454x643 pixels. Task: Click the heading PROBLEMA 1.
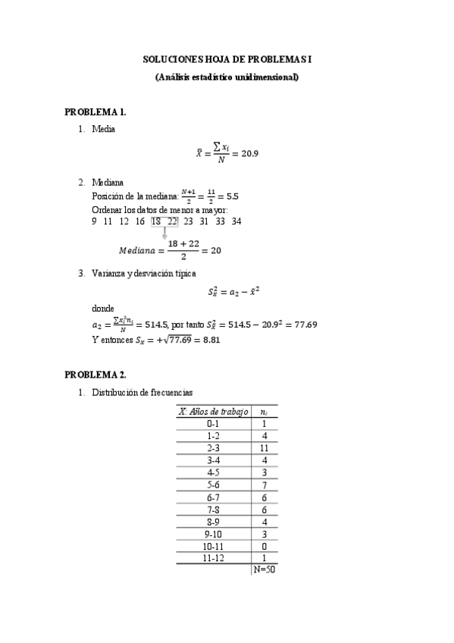coord(95,112)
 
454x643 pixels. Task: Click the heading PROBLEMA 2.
coord(95,375)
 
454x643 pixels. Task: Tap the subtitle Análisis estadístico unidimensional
coord(227,77)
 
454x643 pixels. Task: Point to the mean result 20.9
coord(249,153)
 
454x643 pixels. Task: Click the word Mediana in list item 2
coord(107,183)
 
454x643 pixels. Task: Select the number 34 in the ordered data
coord(236,221)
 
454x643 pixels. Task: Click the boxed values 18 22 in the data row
coord(164,221)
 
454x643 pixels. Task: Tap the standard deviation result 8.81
coord(211,340)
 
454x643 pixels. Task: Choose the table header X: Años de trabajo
coord(213,411)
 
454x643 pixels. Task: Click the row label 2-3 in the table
coord(213,448)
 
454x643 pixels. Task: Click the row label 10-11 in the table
coord(213,546)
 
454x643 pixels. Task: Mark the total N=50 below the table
coord(265,570)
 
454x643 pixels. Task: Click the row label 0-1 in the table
coord(213,424)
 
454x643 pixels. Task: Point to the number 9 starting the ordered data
coord(94,221)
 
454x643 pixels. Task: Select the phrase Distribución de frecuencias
coord(142,393)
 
